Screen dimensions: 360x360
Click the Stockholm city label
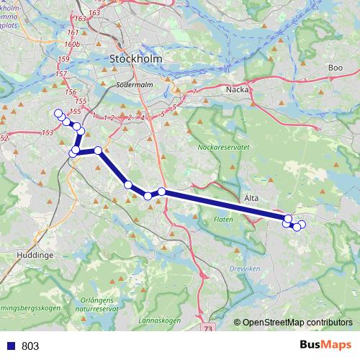click(136, 58)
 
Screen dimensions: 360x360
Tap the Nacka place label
click(237, 89)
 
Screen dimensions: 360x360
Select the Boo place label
click(335, 68)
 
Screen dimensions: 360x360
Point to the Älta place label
click(251, 197)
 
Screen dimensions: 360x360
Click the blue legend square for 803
click(10, 346)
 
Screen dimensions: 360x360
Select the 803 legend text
click(30, 346)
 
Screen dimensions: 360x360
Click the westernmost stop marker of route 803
click(58, 113)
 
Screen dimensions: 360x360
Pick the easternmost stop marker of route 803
click(302, 225)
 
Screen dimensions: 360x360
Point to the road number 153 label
click(48, 132)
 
